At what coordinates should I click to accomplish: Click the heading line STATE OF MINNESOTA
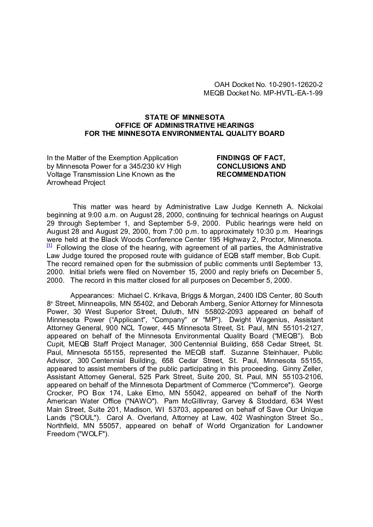point(185,117)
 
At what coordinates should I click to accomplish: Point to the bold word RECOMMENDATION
point(251,174)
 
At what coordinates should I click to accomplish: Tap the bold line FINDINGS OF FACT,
point(250,158)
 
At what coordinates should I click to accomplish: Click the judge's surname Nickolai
point(308,207)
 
